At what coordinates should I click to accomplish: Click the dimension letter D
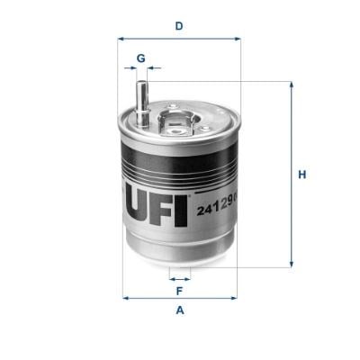coord(179,26)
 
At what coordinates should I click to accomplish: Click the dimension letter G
coord(141,58)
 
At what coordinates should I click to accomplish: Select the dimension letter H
coord(302,175)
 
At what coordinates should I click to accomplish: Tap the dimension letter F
coord(179,291)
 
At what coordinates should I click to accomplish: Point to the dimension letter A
coord(180,310)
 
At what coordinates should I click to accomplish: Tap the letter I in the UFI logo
coord(181,211)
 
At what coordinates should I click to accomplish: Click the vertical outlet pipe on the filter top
coord(141,103)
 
